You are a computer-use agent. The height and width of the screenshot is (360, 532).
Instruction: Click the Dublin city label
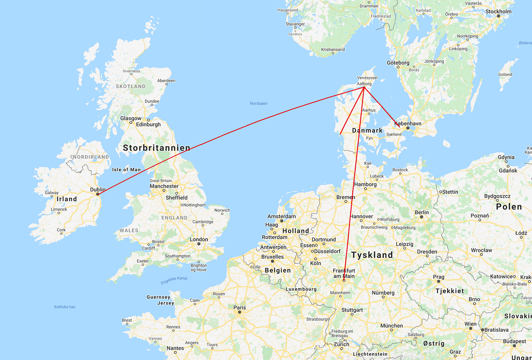[98, 190]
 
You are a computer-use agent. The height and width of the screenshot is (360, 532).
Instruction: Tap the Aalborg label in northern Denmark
[364, 84]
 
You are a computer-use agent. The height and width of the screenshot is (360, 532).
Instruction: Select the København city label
[408, 123]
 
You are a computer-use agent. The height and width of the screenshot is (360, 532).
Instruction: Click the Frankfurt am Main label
[344, 273]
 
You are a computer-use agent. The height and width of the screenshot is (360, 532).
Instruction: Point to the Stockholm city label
[498, 12]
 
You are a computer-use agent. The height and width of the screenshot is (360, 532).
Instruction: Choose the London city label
[199, 239]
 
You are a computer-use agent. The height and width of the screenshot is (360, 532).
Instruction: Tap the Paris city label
[239, 308]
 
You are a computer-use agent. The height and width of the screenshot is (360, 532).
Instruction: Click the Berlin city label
[421, 212]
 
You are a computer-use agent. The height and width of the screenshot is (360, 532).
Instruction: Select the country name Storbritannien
[156, 148]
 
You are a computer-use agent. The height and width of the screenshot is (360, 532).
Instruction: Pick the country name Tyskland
[372, 255]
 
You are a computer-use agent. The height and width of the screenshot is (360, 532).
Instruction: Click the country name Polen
[509, 207]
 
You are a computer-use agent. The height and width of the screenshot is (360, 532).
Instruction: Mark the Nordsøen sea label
[259, 103]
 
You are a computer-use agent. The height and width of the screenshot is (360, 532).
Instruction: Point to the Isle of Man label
[126, 170]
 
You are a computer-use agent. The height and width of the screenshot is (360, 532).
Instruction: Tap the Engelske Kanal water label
[174, 281]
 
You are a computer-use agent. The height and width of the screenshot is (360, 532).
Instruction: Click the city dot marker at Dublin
[98, 194]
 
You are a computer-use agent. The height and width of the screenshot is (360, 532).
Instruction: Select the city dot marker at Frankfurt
[344, 281]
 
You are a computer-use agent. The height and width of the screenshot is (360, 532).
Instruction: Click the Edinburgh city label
[148, 124]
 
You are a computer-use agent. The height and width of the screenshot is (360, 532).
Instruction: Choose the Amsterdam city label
[281, 216]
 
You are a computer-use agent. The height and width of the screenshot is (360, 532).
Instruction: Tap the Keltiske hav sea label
[65, 307]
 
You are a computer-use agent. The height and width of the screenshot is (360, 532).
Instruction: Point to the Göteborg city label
[398, 63]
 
